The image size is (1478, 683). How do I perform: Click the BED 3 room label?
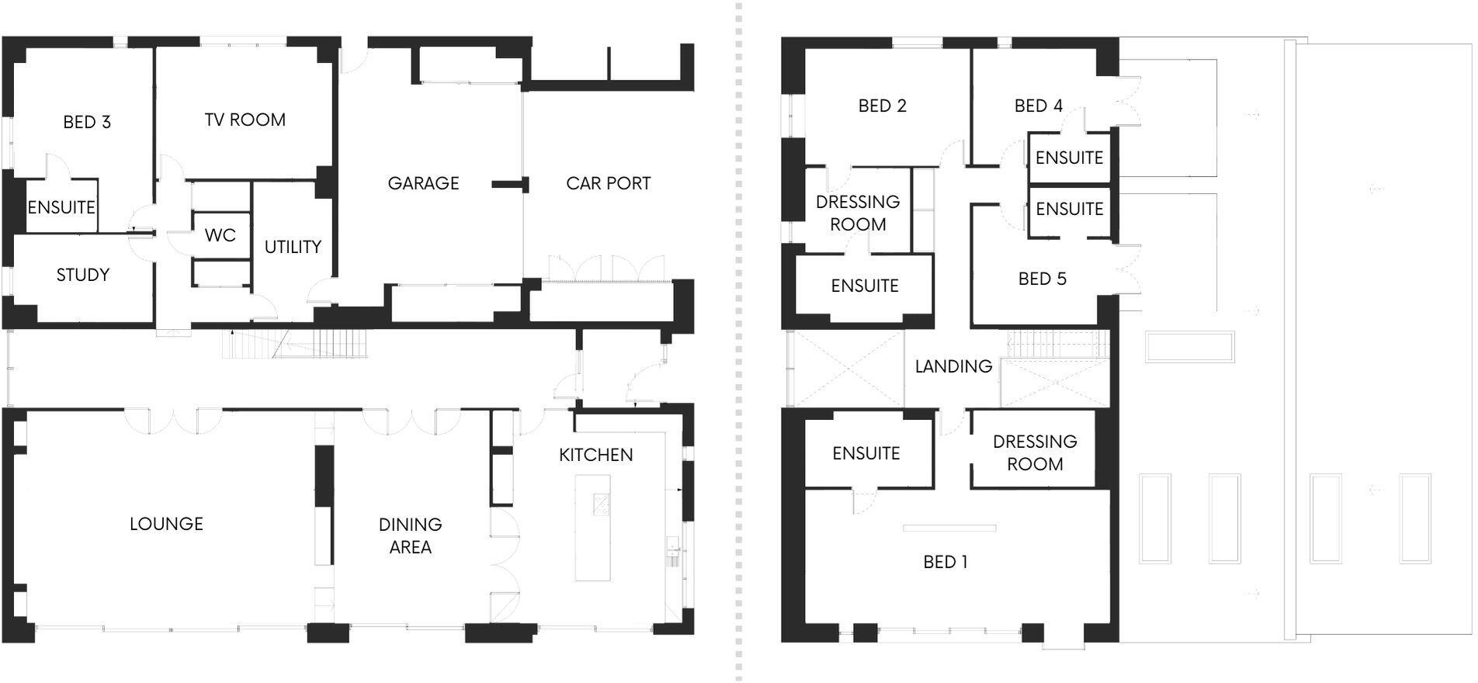coord(87,122)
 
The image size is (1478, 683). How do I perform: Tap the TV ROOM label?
coord(245,120)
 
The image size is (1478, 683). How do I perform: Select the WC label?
coord(220,235)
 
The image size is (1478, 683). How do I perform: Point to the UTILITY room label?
coord(293,247)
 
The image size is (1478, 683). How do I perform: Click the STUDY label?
coord(83,275)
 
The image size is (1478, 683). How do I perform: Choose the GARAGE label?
coord(423,183)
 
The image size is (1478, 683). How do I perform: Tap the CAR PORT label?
coord(608,183)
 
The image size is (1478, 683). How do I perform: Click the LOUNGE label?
coord(166,524)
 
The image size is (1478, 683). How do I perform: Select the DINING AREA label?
coord(410,536)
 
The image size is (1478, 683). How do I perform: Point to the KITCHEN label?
coord(595,455)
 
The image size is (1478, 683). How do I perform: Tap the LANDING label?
coord(953,366)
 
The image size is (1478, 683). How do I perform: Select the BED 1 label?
coord(945,562)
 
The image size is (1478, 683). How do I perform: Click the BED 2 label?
coord(882,106)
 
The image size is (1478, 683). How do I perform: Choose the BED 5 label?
coord(1042,279)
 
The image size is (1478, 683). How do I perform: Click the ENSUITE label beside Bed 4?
coord(1069,158)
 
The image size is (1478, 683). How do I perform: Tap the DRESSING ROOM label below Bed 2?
coord(858,213)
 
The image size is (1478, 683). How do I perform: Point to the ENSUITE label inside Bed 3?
coord(61,207)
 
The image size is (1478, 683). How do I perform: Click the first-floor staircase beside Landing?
coord(1054,344)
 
